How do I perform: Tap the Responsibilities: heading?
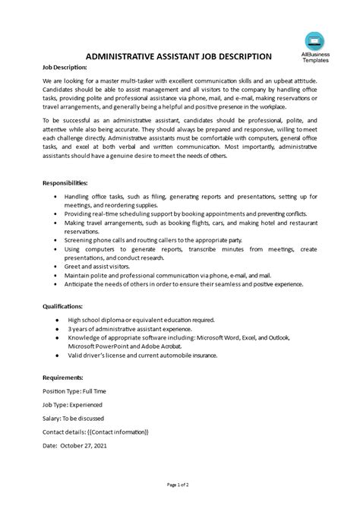65,183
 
